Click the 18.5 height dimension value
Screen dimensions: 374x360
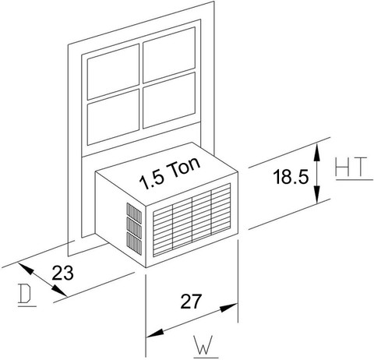291,177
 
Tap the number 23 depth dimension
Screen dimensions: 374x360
62,273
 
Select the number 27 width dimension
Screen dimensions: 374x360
191,302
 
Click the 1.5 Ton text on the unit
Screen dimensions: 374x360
170,173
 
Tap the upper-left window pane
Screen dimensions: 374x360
113,72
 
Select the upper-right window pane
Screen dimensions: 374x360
169,55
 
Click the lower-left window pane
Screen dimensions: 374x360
113,118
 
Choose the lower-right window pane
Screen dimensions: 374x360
169,101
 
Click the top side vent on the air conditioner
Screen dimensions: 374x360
134,213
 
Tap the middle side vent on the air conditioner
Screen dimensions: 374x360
134,228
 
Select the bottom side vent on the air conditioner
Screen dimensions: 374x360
134,244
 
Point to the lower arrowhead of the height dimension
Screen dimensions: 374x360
316,194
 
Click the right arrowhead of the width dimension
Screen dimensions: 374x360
229,307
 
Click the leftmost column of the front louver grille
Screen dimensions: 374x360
163,231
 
